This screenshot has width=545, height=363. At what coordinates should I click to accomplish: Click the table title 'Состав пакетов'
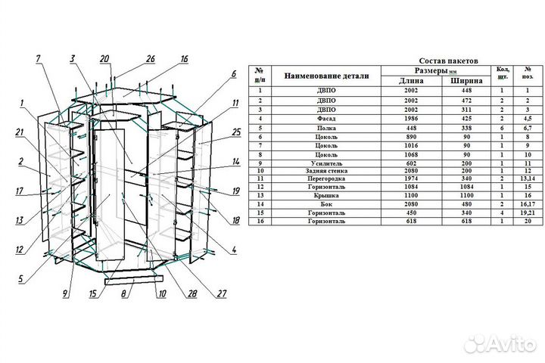pyautogui.click(x=447, y=59)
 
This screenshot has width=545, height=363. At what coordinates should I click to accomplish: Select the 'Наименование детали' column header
pyautogui.click(x=326, y=76)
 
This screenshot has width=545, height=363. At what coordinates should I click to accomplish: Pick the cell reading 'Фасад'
pyautogui.click(x=326, y=119)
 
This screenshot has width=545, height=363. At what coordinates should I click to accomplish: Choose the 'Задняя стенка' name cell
pyautogui.click(x=326, y=171)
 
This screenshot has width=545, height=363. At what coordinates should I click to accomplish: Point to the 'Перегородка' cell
pyautogui.click(x=326, y=179)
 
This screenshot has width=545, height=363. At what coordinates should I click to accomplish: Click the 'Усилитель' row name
pyautogui.click(x=326, y=163)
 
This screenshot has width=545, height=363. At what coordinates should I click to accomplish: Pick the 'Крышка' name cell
pyautogui.click(x=326, y=196)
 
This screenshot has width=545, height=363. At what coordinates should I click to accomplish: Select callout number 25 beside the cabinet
pyautogui.click(x=235, y=132)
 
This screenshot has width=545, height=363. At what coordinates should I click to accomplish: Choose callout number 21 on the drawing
pyautogui.click(x=18, y=132)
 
